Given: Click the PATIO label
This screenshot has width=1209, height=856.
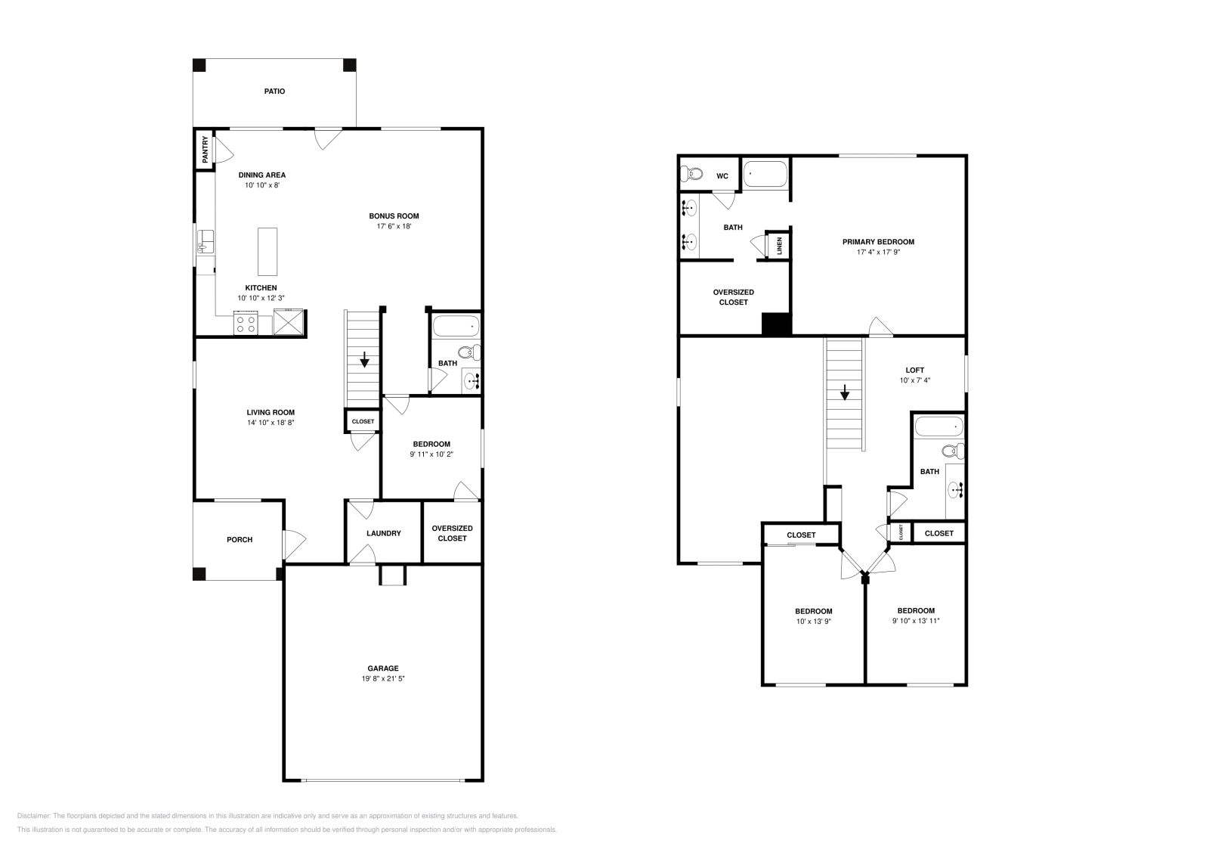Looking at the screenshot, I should (x=274, y=91).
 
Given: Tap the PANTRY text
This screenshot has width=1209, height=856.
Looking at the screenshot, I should (x=205, y=150).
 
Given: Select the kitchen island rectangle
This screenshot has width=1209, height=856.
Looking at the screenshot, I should (x=267, y=251).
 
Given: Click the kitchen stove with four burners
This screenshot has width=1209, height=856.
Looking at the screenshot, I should (x=246, y=324).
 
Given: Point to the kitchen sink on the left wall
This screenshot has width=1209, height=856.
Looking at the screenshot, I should (x=204, y=243).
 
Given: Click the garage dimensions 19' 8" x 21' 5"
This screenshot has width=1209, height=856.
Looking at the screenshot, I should (x=383, y=679).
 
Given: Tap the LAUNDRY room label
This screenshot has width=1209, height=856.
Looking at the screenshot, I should (x=383, y=533).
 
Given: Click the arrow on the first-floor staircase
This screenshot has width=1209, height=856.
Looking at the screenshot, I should (x=364, y=360).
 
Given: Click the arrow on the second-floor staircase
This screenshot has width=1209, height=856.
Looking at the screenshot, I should (x=845, y=393).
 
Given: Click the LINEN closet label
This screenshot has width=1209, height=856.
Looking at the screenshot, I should (x=779, y=246).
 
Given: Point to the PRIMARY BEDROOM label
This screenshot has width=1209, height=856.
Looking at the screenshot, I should (x=878, y=242).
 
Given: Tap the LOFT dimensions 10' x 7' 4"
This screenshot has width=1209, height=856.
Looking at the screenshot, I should (x=914, y=380).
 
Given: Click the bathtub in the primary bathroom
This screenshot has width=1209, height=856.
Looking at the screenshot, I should (x=765, y=175).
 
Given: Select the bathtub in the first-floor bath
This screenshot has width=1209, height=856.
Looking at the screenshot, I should (x=456, y=327).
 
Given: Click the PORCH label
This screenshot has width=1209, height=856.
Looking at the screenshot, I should (x=240, y=540).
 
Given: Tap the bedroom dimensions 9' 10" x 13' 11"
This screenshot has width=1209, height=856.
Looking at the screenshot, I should (x=916, y=621).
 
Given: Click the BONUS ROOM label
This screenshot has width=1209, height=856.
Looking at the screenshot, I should (x=394, y=216).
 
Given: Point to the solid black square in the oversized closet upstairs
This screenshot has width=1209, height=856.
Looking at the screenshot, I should (x=776, y=324).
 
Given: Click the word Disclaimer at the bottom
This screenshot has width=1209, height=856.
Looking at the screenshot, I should (x=32, y=816).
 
